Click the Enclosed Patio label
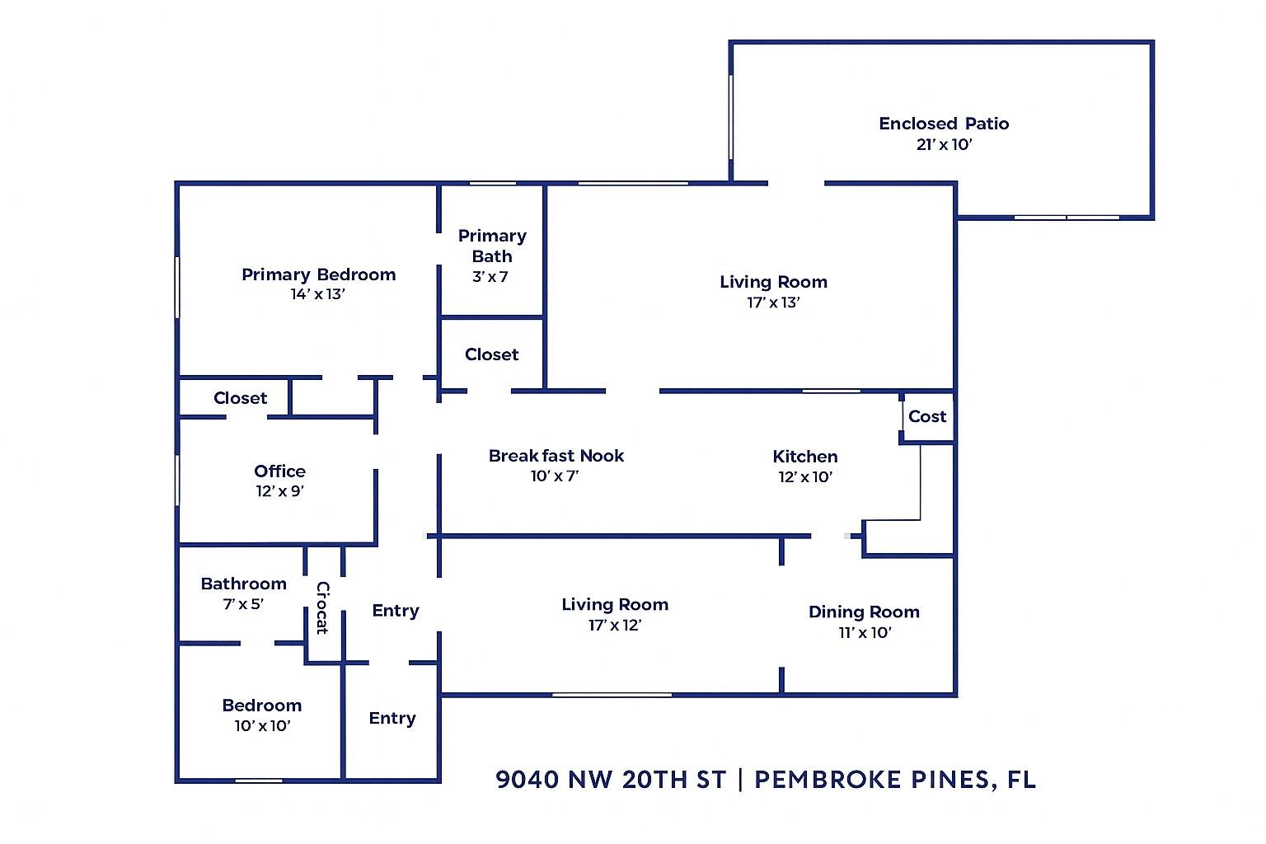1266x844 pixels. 944,124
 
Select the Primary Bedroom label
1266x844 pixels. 318,274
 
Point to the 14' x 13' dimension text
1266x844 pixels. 317,294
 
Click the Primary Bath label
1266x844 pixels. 492,246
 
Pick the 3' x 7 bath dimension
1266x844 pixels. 490,277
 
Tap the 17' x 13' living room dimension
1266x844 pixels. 773,302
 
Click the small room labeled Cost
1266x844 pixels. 927,417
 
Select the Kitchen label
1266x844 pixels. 805,457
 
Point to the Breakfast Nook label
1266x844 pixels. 556,456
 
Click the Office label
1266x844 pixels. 279,471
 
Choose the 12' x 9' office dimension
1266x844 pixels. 280,491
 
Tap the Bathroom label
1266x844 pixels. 243,584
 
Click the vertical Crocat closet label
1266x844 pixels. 322,608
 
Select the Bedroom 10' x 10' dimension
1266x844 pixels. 262,726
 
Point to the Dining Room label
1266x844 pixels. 864,612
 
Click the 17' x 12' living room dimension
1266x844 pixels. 615,626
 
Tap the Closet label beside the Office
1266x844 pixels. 240,398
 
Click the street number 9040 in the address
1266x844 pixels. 527,780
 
